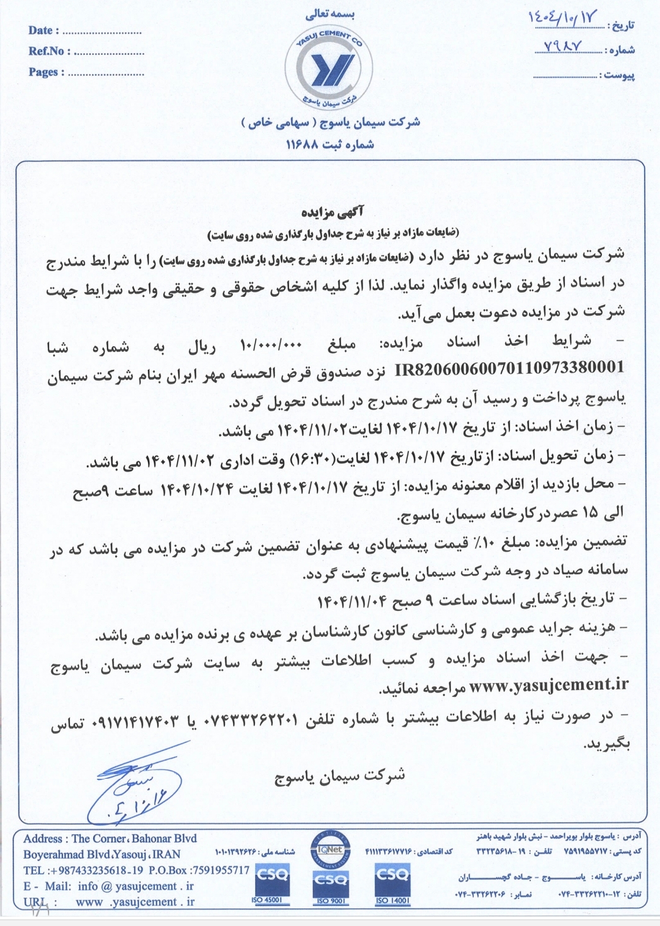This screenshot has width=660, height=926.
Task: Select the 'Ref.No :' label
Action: click(x=49, y=51)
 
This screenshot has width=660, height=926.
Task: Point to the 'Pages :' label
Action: click(x=46, y=72)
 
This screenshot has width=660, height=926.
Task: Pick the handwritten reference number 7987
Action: click(x=560, y=47)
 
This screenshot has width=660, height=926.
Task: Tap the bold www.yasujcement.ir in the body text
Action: click(x=549, y=685)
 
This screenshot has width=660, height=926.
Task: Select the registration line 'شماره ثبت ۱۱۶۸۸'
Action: click(x=330, y=145)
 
